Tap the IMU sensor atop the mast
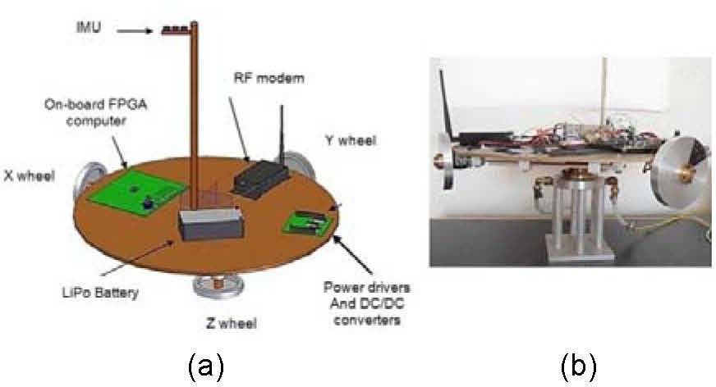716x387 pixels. (x=177, y=30)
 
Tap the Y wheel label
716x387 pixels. (x=348, y=141)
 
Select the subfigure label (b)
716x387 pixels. (x=578, y=364)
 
